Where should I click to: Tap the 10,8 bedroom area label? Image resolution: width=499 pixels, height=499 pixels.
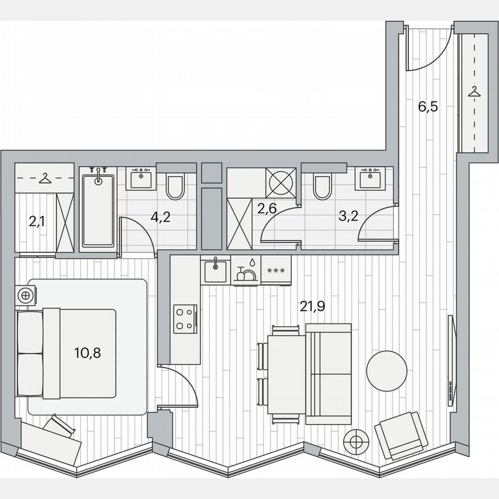point(88,352)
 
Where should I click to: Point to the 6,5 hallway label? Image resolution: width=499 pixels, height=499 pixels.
point(428,107)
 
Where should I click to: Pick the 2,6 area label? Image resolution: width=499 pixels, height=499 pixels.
point(266,209)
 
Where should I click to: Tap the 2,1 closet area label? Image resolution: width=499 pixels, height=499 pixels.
point(36,220)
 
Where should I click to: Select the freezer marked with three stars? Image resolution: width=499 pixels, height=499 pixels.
point(276,270)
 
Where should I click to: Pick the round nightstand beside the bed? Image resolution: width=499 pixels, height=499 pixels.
point(25,296)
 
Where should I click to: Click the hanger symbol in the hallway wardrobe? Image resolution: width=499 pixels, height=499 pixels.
point(474,91)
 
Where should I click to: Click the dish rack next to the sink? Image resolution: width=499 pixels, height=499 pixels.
point(246,271)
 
